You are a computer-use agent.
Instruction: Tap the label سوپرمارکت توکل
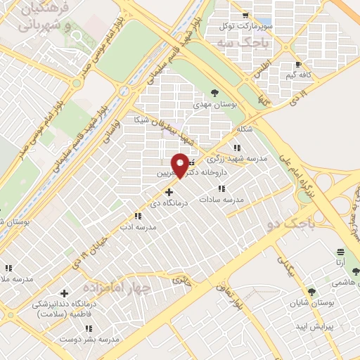click(245, 26)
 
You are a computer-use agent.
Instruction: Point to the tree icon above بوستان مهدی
click(214, 92)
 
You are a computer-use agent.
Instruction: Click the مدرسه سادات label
click(221, 199)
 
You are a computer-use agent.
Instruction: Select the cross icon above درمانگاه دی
click(168, 191)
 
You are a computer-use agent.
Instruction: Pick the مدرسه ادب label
click(136, 227)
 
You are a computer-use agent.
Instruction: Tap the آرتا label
click(341, 262)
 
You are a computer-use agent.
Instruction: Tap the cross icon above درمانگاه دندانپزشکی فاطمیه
click(64, 293)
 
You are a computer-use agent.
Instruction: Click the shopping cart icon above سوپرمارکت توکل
click(244, 15)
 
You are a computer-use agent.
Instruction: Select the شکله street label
click(245, 129)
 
